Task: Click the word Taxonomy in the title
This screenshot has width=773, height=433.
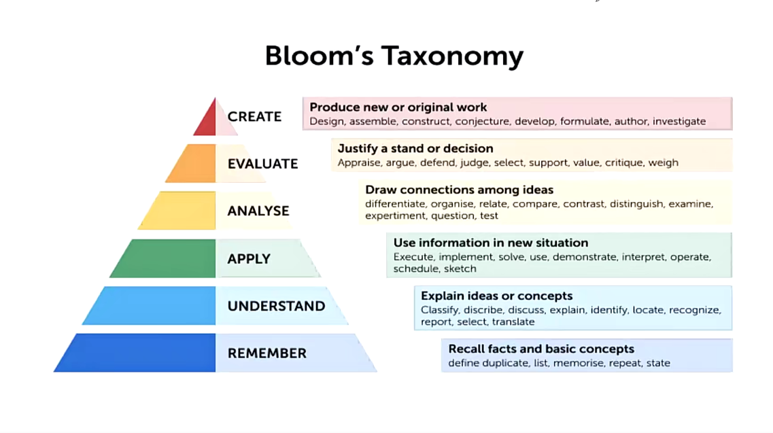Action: tap(452, 56)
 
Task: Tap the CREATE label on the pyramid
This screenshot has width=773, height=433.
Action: tap(254, 116)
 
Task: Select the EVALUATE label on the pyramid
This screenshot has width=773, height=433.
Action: tap(262, 164)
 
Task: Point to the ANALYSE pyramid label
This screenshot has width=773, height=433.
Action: tap(258, 211)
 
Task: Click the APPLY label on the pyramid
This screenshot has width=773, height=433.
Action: tap(249, 259)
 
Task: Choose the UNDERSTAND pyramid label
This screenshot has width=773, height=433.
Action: tap(276, 307)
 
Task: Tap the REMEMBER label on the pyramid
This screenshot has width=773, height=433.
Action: tap(267, 353)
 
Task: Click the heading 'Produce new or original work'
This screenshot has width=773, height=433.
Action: tap(398, 107)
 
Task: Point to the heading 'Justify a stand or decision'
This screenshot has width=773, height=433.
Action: tap(415, 148)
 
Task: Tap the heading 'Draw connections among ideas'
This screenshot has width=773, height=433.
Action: tap(459, 190)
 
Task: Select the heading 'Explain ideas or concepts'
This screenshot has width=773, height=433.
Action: tap(496, 296)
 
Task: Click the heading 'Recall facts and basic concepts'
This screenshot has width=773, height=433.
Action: tap(540, 349)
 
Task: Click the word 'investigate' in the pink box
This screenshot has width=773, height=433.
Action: tap(679, 121)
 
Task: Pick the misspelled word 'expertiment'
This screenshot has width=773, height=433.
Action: tap(396, 216)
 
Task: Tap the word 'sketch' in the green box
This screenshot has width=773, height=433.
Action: tap(460, 269)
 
